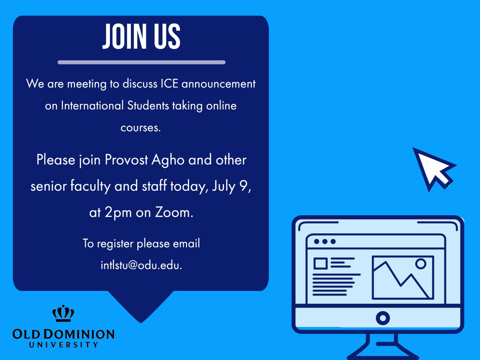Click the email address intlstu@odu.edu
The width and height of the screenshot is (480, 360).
pyautogui.click(x=141, y=266)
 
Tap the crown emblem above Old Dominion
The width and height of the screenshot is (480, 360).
pyautogui.click(x=63, y=314)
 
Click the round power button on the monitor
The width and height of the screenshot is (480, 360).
pyautogui.click(x=383, y=318)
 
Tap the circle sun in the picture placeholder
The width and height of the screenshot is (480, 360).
pyautogui.click(x=420, y=264)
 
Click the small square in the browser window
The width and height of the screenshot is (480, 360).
pyautogui.click(x=320, y=263)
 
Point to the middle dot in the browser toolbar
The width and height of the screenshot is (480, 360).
pyautogui.click(x=324, y=242)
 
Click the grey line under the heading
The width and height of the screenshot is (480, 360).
pyautogui.click(x=141, y=62)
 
